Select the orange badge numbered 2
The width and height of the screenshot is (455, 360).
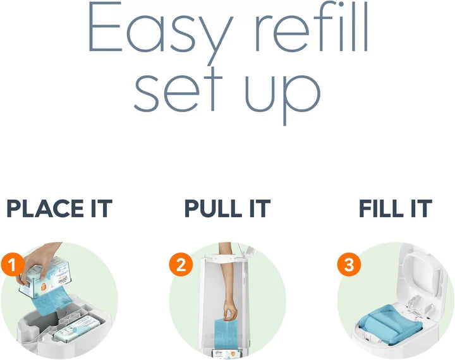[181, 264]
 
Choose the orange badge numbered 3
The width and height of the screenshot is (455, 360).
[349, 264]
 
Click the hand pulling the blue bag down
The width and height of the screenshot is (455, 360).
[229, 309]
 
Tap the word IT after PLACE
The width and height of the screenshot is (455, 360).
[97, 208]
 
